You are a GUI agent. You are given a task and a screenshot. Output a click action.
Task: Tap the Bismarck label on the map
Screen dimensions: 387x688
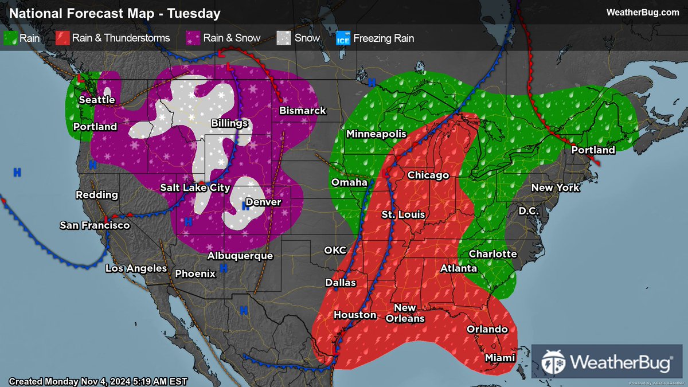[x=303, y=111]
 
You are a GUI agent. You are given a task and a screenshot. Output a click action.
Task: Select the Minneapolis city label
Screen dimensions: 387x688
[x=376, y=134]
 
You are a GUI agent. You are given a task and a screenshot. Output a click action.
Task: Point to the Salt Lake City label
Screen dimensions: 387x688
[x=195, y=187]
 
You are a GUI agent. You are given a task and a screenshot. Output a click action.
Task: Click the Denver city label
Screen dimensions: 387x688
[x=263, y=202]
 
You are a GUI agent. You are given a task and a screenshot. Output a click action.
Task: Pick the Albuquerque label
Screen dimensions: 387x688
[x=240, y=256]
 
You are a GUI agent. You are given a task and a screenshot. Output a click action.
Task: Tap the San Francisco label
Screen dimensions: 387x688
[x=95, y=226]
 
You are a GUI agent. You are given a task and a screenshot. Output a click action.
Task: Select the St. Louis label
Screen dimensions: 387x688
[x=404, y=214]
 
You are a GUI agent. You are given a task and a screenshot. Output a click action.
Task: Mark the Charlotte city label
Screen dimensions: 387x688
[x=492, y=254]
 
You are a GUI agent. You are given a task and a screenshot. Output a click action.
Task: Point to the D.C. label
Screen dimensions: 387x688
[x=529, y=211]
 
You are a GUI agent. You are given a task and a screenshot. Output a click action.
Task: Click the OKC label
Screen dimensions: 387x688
[x=335, y=250]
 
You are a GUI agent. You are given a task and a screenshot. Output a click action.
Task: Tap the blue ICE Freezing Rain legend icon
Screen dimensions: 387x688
[x=343, y=38]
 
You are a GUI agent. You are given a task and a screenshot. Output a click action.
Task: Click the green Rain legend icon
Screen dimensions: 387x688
[x=11, y=38]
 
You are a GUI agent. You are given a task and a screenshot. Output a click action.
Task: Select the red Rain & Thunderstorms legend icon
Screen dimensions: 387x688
[x=62, y=38]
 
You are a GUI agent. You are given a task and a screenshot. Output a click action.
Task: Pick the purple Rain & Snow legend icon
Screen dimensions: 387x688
[x=194, y=38]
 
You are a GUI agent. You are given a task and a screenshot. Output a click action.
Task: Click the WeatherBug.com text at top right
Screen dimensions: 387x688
[x=643, y=13]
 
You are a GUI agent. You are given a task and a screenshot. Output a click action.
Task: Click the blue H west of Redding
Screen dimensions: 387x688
[x=17, y=171]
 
